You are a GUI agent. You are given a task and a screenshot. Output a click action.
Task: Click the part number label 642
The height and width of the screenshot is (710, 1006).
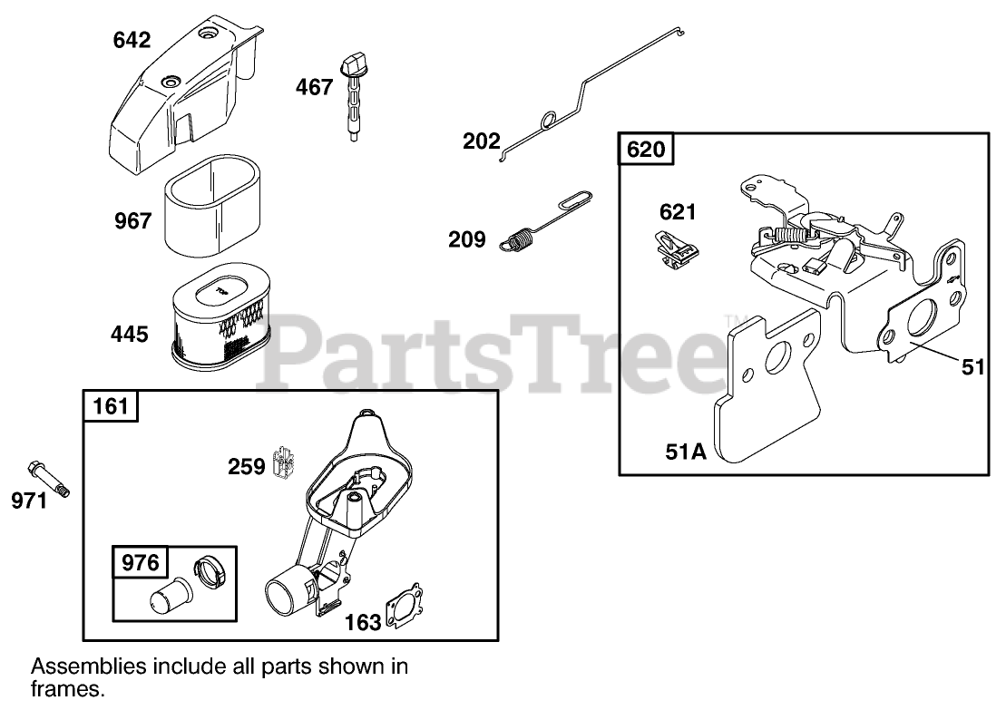point(132,40)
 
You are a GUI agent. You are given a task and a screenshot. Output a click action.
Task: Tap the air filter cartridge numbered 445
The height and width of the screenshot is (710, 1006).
point(220,323)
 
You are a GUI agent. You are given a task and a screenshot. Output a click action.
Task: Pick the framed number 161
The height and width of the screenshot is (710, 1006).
point(111,405)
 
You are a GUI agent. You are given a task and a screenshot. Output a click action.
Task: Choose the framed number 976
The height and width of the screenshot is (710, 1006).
point(141,562)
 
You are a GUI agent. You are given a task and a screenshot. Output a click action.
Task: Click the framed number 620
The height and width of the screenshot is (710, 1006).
point(646,149)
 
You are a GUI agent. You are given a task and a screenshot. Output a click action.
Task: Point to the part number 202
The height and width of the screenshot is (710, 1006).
point(481,141)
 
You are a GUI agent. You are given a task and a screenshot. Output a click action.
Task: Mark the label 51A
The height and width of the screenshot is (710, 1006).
point(686,451)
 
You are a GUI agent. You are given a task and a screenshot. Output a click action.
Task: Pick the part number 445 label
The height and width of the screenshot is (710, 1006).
point(130,335)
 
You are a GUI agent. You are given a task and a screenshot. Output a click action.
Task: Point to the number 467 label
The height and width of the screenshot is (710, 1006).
point(314,88)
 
